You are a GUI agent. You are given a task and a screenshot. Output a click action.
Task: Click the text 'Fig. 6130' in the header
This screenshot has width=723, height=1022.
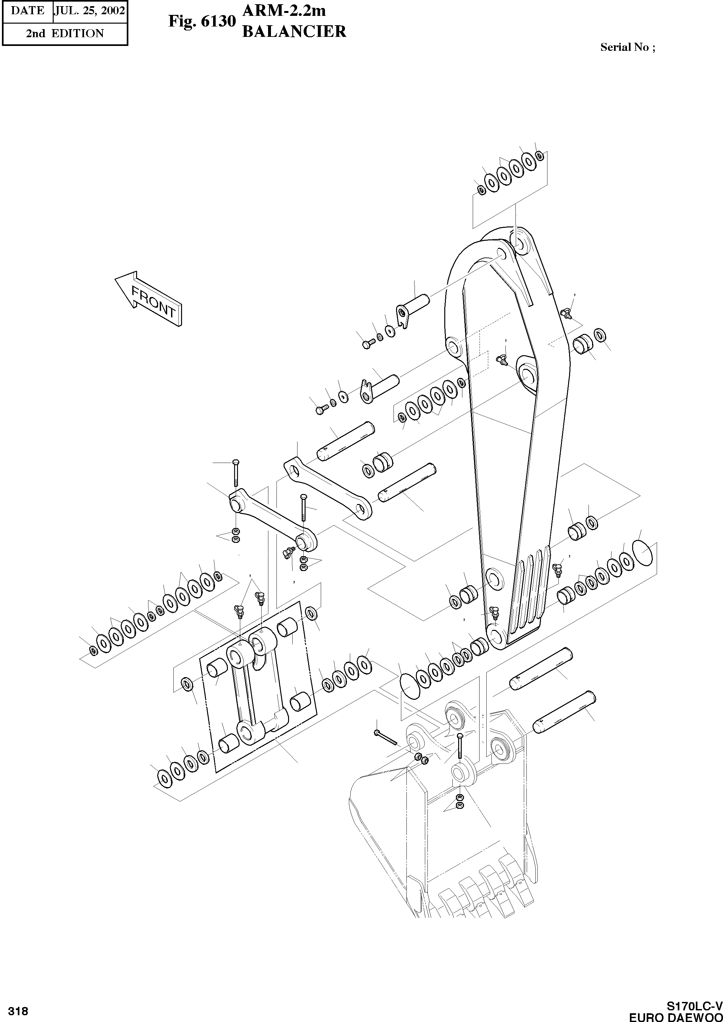click(201, 22)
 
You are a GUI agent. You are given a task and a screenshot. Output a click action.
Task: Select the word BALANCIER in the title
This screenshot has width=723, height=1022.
click(294, 32)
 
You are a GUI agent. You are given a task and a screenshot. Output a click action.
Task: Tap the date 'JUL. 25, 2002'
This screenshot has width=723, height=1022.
click(90, 11)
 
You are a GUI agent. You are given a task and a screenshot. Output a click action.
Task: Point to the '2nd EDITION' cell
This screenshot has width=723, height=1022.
click(65, 33)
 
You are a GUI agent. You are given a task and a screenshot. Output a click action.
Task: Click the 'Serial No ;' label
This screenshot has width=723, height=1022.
click(628, 47)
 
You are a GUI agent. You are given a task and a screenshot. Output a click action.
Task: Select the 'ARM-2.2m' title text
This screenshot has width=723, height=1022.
click(284, 11)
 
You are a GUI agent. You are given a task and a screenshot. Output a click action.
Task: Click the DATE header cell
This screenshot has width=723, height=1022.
click(27, 11)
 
